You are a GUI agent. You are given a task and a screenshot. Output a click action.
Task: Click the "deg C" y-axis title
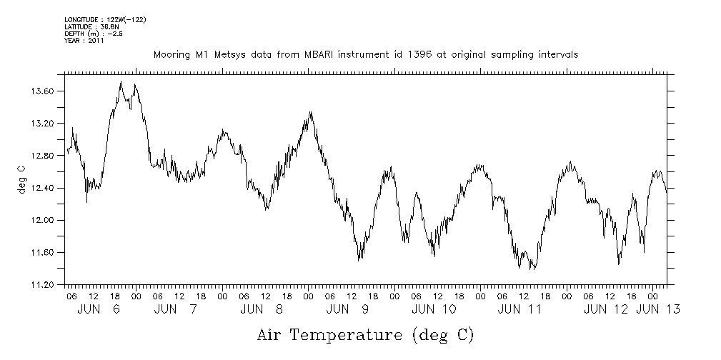[21, 179]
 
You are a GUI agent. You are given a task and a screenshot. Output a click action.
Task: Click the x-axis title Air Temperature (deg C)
[365, 334]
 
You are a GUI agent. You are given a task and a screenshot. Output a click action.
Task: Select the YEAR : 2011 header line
[84, 41]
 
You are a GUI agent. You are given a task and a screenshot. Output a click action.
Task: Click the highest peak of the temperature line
[121, 81]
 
